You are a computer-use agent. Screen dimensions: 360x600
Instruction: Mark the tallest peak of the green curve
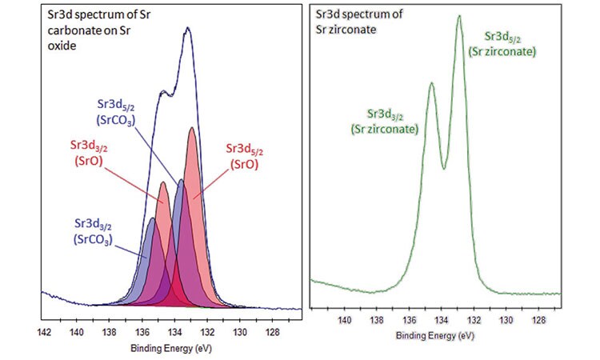pyautogui.click(x=459, y=16)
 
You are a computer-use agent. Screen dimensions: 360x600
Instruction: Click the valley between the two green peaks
pyautogui.click(x=445, y=168)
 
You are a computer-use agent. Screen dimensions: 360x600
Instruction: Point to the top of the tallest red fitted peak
pyautogui.click(x=192, y=128)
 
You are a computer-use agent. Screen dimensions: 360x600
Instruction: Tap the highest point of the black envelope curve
pyautogui.click(x=188, y=28)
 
